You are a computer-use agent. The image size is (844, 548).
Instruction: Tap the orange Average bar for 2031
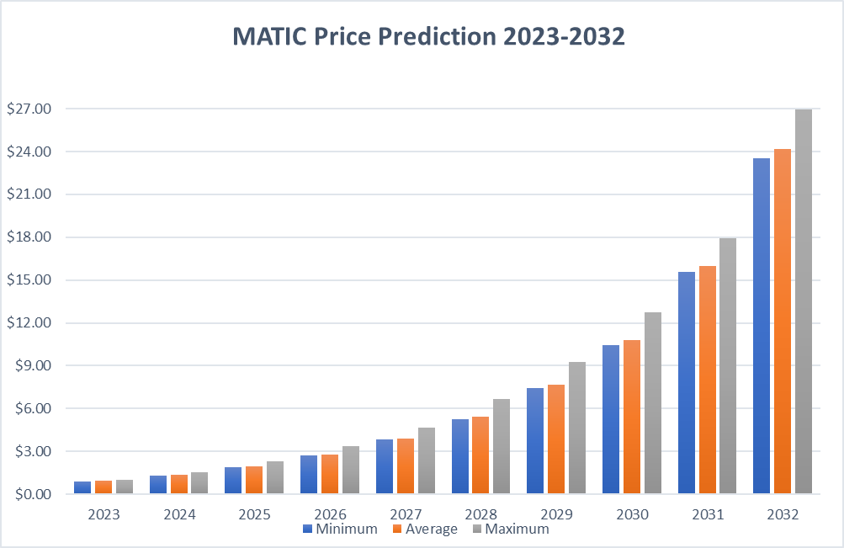click(x=707, y=380)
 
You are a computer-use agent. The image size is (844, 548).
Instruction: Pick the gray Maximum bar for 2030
click(x=652, y=403)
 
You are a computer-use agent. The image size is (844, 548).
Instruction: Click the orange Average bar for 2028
click(x=480, y=455)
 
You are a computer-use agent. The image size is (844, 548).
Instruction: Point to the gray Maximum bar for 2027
click(x=427, y=461)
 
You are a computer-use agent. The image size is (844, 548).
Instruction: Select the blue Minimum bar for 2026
click(x=309, y=475)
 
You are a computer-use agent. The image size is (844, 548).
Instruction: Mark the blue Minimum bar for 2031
click(x=687, y=382)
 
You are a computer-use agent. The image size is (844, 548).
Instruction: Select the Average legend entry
click(x=426, y=529)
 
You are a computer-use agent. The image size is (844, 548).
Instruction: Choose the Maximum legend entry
click(x=510, y=529)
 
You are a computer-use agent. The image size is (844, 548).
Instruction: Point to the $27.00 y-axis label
click(x=29, y=109)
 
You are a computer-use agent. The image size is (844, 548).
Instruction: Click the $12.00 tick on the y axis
click(x=29, y=323)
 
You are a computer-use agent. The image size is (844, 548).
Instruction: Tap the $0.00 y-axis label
click(x=29, y=495)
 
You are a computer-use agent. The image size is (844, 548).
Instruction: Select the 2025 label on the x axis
click(x=254, y=513)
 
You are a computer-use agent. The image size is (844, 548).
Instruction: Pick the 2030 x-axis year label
click(x=631, y=513)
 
